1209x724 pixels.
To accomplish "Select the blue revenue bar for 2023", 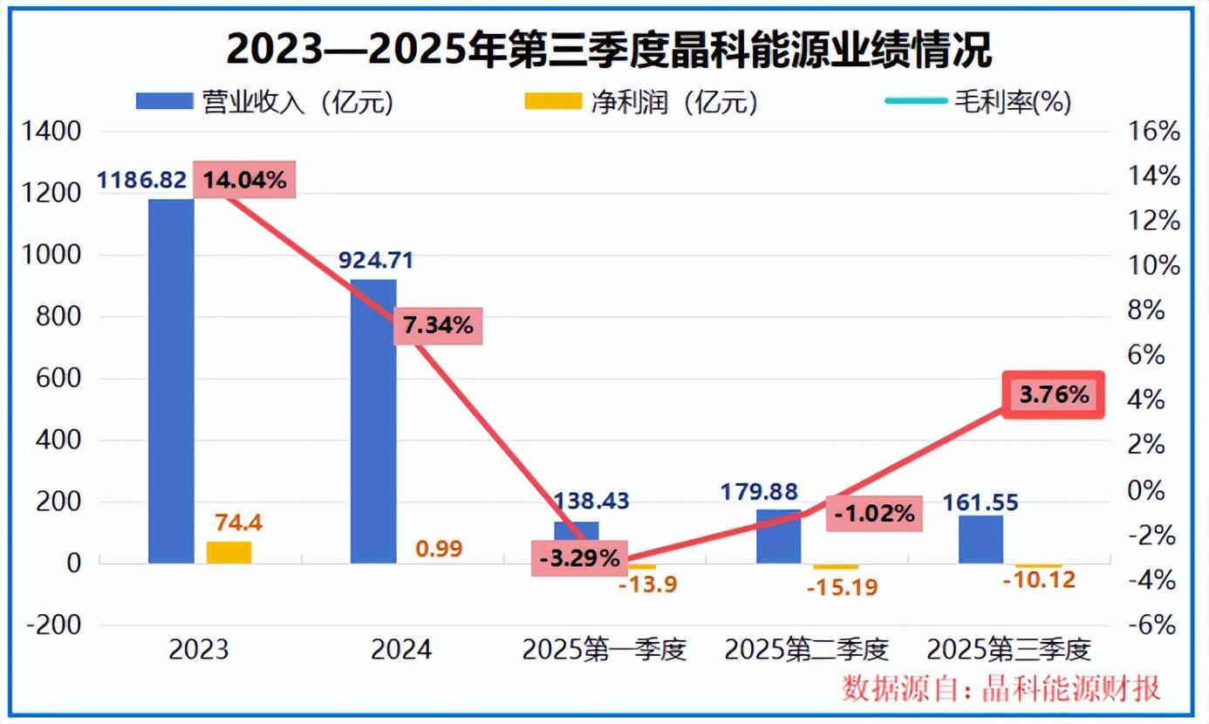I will coord(171,380).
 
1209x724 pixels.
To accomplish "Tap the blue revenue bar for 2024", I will coord(373,421).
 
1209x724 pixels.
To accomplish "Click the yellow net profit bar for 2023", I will coord(229,552).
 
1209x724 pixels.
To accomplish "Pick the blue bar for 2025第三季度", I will coord(980,539).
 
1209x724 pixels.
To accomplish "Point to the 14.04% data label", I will coord(244,181).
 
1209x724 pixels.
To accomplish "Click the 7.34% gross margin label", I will coord(438,326).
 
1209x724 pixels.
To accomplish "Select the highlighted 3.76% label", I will coord(1054,395).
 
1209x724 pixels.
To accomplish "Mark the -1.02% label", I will coord(874,514).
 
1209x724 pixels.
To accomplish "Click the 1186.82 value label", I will coord(141,181).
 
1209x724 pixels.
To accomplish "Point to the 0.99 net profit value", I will coord(438,549).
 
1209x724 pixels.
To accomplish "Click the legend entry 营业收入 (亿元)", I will coord(265,102).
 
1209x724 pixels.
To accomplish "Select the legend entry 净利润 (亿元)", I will coord(641,102).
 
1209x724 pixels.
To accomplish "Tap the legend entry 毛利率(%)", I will coord(979,102).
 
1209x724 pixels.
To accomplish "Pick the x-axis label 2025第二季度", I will coord(806,651).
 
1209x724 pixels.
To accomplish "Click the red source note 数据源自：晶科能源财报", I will coord(1001,688).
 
